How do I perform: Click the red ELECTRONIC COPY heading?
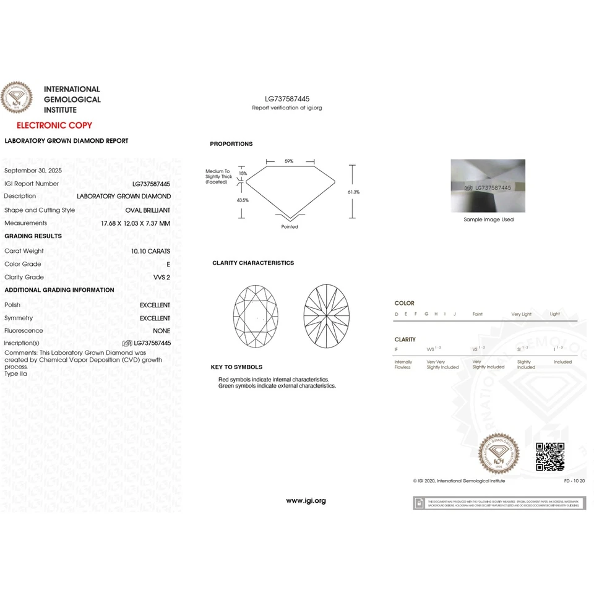click(x=46, y=125)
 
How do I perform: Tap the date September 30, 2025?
click(x=33, y=170)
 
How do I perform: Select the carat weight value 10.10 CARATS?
click(x=150, y=251)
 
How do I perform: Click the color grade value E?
click(x=168, y=264)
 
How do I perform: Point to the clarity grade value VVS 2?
click(x=161, y=277)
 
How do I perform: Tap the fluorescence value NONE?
click(x=161, y=331)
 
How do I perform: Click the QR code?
click(x=549, y=457)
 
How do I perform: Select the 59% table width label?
click(x=289, y=161)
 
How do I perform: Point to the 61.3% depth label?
click(x=354, y=192)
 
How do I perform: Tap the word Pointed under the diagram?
click(x=290, y=227)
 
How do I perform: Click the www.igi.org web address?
click(x=306, y=501)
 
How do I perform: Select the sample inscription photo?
click(x=488, y=186)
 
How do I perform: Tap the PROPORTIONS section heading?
click(x=231, y=144)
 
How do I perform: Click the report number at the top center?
click(x=287, y=99)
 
